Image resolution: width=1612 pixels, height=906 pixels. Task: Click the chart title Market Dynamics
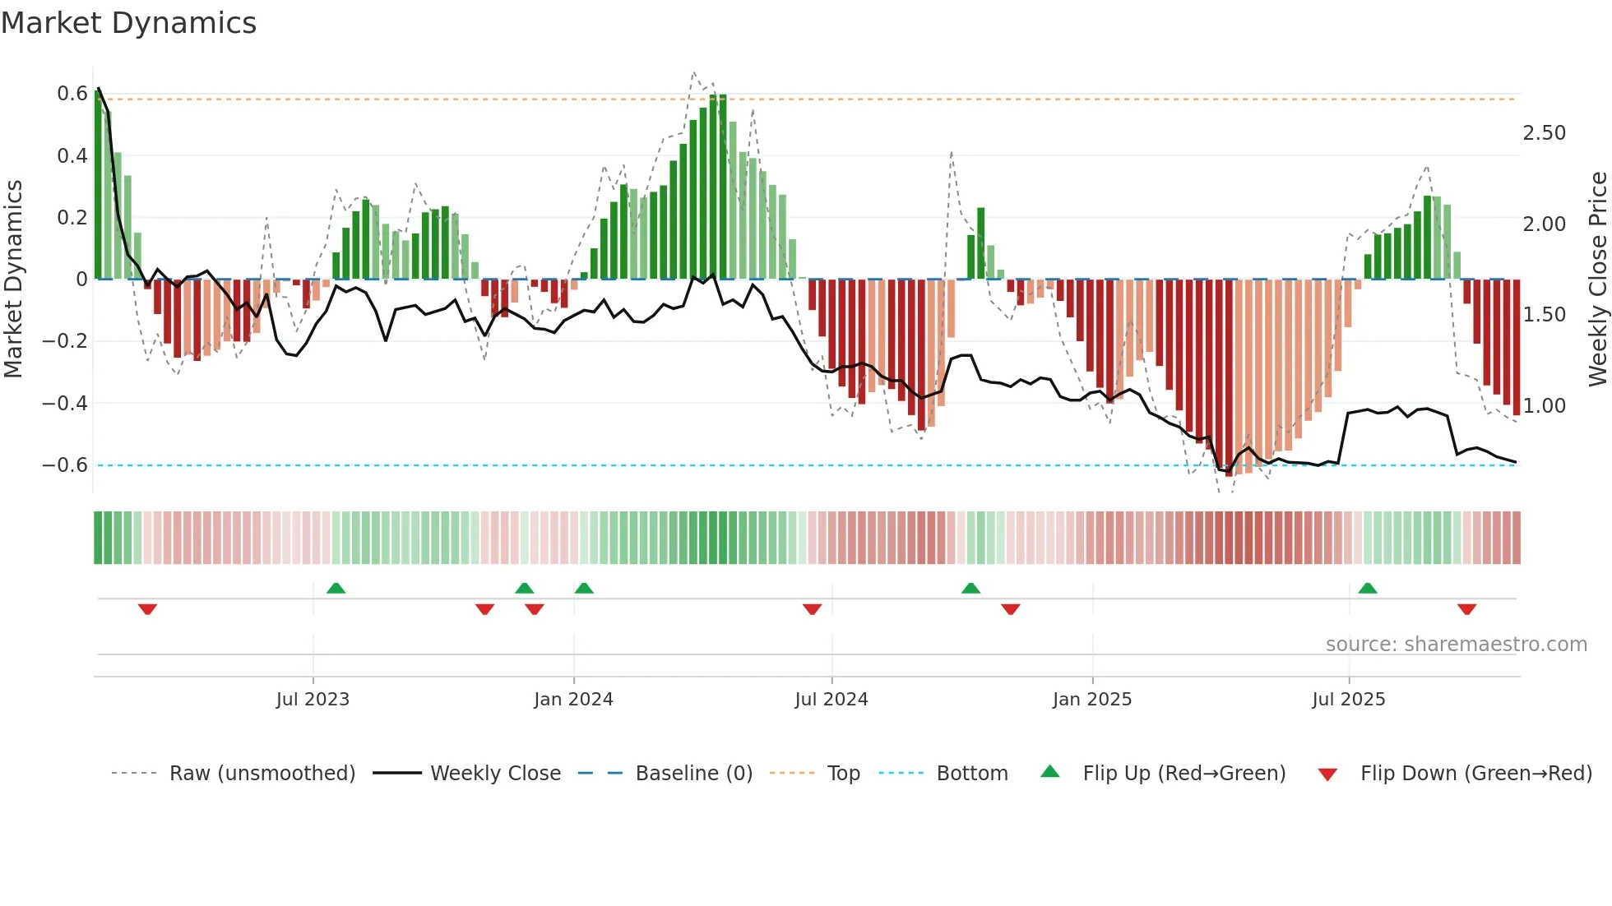[x=128, y=23]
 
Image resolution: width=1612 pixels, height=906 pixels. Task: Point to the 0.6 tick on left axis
[x=72, y=94]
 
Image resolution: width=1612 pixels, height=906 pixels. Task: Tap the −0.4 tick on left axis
[x=65, y=403]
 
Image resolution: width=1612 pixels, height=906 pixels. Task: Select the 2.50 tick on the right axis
[x=1544, y=133]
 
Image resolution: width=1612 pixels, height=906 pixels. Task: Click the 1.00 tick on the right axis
[x=1544, y=405]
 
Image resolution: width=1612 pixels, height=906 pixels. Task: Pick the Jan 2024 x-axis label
[x=573, y=700]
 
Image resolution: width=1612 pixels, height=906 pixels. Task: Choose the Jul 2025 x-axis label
[x=1348, y=700]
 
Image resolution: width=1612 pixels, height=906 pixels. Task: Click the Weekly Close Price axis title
[x=1597, y=280]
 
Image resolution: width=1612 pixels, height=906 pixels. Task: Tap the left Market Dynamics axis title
[x=13, y=280]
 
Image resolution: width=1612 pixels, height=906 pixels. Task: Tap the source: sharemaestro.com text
[x=1456, y=645]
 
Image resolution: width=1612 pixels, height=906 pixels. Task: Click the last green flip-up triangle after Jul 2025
[x=1368, y=589]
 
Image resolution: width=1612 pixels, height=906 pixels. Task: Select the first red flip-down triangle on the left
[x=147, y=608]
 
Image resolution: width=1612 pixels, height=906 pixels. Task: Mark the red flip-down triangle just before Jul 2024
[x=812, y=608]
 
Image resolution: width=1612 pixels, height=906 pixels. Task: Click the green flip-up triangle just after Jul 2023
[x=336, y=589]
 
